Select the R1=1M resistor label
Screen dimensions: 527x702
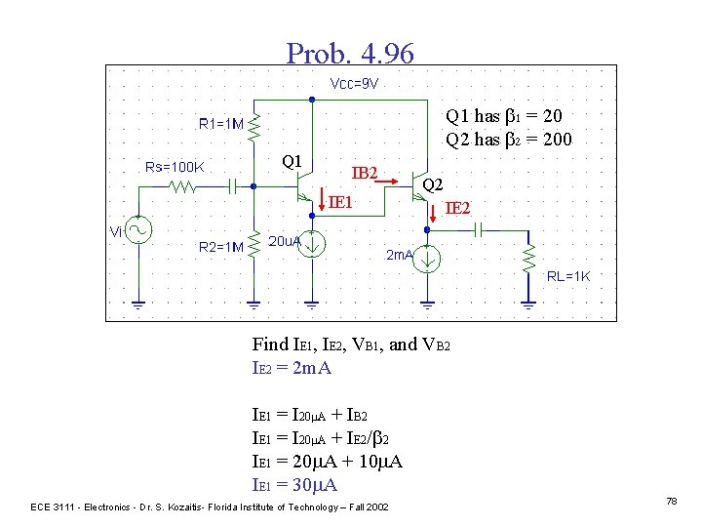tap(220, 124)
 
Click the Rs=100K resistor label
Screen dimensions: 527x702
tap(169, 167)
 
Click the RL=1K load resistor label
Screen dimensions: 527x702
tap(568, 276)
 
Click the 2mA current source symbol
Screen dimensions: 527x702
tap(428, 259)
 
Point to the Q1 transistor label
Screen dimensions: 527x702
tap(291, 160)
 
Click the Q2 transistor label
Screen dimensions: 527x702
tap(432, 184)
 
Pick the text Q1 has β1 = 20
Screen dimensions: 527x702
tap(503, 116)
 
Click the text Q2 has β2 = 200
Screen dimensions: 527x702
tap(508, 140)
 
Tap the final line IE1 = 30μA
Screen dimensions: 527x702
tap(294, 485)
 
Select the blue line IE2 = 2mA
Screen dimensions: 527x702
tap(292, 368)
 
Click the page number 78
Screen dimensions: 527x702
tap(671, 501)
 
